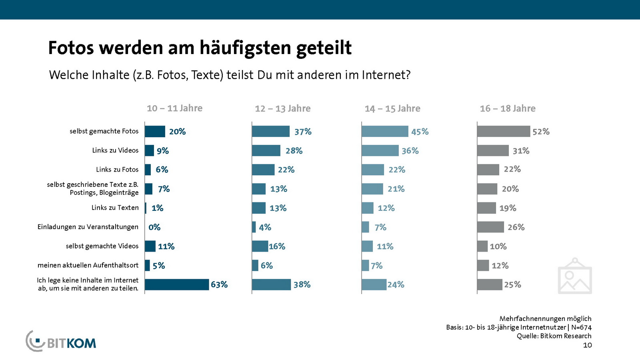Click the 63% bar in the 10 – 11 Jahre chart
tap(177, 284)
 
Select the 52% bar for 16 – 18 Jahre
tap(504, 131)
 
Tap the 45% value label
tap(420, 132)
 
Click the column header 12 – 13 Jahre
tap(282, 108)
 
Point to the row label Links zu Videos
tap(115, 150)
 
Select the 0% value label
tap(154, 227)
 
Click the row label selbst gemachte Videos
tap(102, 246)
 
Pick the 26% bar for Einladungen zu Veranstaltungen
tap(490, 227)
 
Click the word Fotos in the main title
tap(71, 48)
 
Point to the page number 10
tap(587, 345)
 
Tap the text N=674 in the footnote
tap(581, 327)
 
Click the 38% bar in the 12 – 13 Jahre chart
tap(271, 284)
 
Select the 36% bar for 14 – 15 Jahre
tap(380, 150)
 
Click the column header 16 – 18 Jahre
tap(508, 108)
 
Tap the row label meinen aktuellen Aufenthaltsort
tap(88, 265)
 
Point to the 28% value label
tap(294, 151)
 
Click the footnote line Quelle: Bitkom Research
tap(554, 336)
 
